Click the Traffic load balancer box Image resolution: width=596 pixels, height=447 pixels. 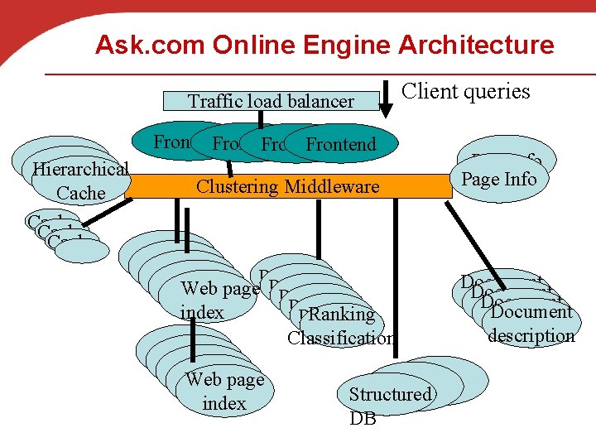271,101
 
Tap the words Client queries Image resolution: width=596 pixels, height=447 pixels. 465,91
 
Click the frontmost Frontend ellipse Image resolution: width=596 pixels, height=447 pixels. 341,145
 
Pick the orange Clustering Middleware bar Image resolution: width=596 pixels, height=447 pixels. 288,186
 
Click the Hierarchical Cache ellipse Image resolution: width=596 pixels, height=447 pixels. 80,181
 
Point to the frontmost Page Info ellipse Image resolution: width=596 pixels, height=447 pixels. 499,179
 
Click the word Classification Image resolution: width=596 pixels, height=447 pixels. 340,338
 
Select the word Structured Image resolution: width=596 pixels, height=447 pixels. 390,395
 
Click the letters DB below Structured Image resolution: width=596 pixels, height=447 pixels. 363,419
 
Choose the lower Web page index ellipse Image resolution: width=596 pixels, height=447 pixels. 224,391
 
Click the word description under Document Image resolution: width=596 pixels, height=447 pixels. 531,335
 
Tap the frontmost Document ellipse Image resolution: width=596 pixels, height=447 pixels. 531,313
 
